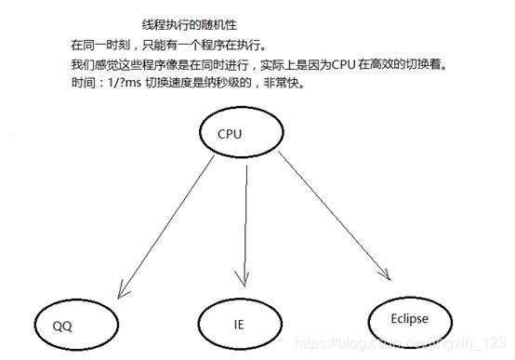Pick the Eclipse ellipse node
tap(413, 318)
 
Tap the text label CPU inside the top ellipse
tap(230, 134)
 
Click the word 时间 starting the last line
tap(82, 82)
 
